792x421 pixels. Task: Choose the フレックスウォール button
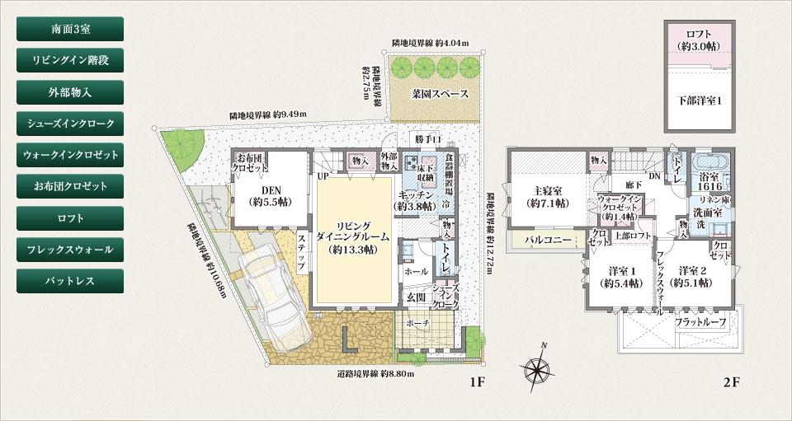[x=70, y=250]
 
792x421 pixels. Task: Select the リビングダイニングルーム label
[x=353, y=236]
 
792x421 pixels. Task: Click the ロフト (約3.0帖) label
[x=699, y=40]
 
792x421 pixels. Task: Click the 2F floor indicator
[x=731, y=382]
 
